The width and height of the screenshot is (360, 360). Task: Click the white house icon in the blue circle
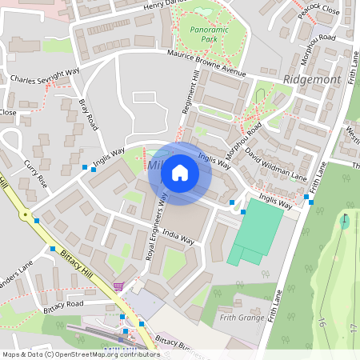[x=180, y=172]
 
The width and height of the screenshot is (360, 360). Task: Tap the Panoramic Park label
[x=197, y=34]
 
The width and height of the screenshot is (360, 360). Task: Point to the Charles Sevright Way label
[x=45, y=81]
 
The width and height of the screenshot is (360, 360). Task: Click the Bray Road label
[x=89, y=117]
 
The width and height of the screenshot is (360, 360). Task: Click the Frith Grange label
[x=242, y=318]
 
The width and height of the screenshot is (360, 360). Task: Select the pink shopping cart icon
[x=119, y=286]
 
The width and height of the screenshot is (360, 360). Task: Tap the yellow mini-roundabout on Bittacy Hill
[x=26, y=215]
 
